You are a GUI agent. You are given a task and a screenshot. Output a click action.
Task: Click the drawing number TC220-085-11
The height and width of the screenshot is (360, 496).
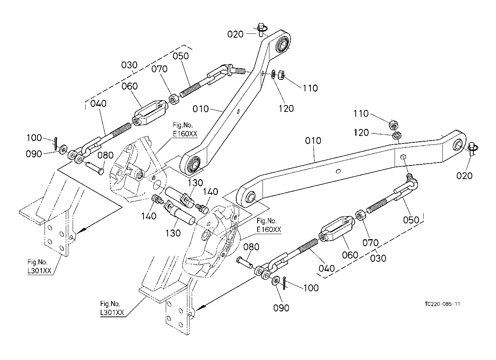(x=442, y=304)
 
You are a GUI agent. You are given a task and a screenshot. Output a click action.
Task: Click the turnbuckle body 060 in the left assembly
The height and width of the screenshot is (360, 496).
(x=150, y=113)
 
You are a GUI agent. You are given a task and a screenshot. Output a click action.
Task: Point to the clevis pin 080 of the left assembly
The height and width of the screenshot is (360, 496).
(x=95, y=168)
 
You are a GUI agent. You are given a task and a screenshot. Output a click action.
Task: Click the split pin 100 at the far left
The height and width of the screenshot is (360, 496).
(x=55, y=143)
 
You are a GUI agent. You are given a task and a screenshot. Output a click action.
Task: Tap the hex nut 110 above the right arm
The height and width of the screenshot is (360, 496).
(x=393, y=125)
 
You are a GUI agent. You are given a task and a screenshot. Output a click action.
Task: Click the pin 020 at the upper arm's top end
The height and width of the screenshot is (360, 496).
(x=262, y=29)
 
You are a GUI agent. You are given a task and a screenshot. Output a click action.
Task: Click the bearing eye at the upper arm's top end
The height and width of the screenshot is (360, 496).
(x=282, y=46)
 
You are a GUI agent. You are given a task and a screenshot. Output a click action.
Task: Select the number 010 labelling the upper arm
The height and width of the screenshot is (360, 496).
(x=201, y=109)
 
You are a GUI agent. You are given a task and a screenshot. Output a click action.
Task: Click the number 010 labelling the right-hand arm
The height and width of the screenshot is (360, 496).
(x=313, y=141)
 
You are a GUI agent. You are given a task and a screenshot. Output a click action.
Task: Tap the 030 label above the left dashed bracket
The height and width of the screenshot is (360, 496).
(x=129, y=65)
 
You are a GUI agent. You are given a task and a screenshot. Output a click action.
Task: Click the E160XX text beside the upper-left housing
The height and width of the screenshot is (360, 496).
(x=185, y=134)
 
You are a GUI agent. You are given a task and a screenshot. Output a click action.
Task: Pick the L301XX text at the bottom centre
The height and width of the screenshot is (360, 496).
(x=112, y=313)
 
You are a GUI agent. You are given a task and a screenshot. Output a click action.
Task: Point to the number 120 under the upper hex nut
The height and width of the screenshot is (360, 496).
(x=286, y=109)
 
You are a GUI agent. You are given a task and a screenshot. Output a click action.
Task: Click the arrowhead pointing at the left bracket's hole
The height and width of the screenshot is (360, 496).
(x=81, y=230)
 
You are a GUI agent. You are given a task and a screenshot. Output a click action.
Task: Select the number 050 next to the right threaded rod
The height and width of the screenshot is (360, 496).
(x=411, y=220)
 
